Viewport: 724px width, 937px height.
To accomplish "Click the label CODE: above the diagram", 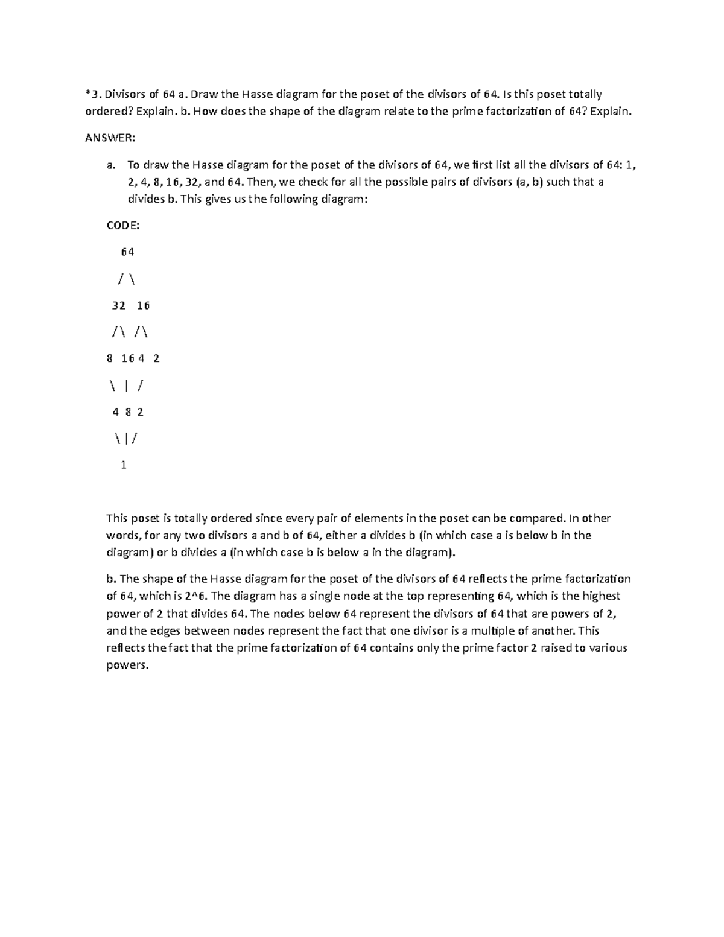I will pos(123,226).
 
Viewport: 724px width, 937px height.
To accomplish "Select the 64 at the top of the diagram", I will pos(127,252).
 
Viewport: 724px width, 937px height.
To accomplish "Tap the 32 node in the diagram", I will pos(119,305).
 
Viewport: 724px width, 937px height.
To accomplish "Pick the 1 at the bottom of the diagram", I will pos(124,465).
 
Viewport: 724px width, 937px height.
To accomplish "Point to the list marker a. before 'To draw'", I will pos(110,165).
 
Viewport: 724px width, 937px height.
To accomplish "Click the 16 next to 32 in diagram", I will pos(143,305).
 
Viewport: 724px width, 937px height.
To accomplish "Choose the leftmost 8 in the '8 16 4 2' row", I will pos(109,358).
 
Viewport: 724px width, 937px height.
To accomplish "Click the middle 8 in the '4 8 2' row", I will pos(129,412).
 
